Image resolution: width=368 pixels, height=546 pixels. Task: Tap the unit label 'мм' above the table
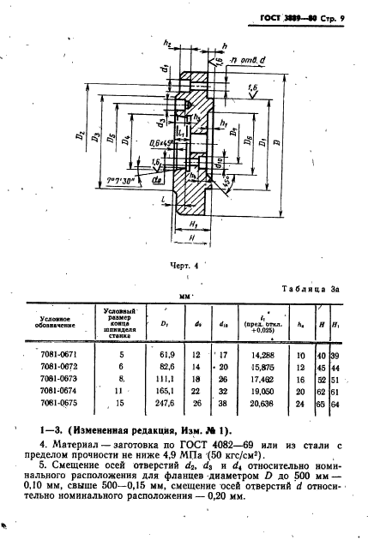pos(183,295)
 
